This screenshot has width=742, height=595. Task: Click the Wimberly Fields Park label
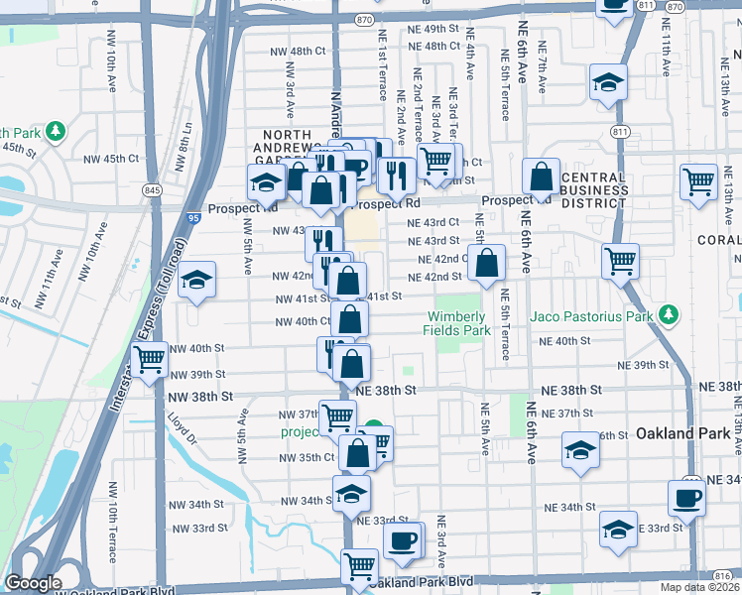point(459,323)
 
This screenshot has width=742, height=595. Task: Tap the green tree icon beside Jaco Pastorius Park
point(672,315)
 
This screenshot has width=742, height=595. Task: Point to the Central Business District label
point(593,190)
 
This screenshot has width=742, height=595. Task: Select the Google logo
point(33,583)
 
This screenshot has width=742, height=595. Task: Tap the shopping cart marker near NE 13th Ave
point(698,181)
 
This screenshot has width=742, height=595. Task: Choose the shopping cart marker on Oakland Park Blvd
point(359,567)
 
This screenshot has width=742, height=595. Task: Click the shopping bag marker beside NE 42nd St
point(487,265)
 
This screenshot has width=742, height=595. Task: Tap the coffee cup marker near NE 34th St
point(685,497)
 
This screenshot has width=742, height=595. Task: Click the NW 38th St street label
point(199,396)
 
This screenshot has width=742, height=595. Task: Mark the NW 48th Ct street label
point(295,51)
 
